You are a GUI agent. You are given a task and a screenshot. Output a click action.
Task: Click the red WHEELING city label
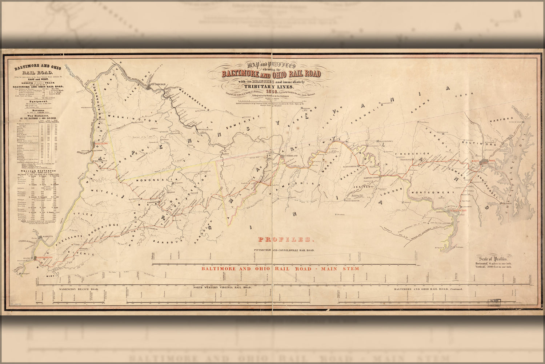tap(102, 144)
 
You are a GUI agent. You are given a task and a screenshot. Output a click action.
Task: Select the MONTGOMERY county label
tap(432, 192)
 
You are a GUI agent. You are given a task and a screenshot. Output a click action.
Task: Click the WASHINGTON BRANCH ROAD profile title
tap(79, 289)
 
